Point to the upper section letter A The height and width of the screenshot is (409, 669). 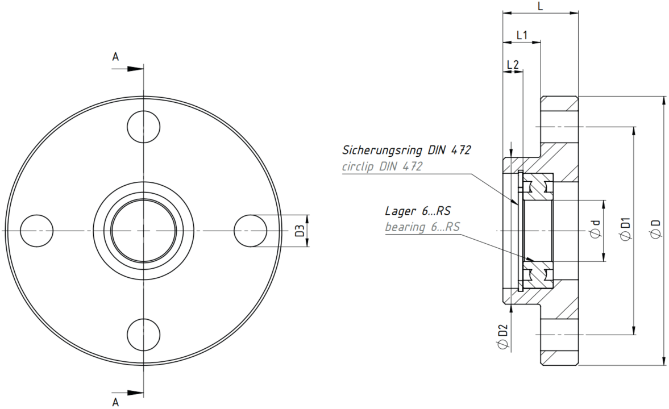click(x=115, y=57)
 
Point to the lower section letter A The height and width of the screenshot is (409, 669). click(x=115, y=402)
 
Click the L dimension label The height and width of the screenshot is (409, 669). click(x=540, y=6)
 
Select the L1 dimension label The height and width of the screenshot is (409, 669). click(x=522, y=35)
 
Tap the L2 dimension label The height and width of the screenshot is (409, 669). click(x=513, y=65)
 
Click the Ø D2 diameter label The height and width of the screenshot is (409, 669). click(x=504, y=336)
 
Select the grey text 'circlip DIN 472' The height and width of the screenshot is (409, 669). click(x=383, y=166)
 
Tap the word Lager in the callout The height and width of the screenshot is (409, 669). click(x=400, y=211)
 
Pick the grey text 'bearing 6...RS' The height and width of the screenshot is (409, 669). click(x=422, y=227)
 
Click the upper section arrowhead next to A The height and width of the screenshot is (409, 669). click(x=136, y=68)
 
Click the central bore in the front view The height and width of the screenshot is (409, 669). click(x=143, y=231)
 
